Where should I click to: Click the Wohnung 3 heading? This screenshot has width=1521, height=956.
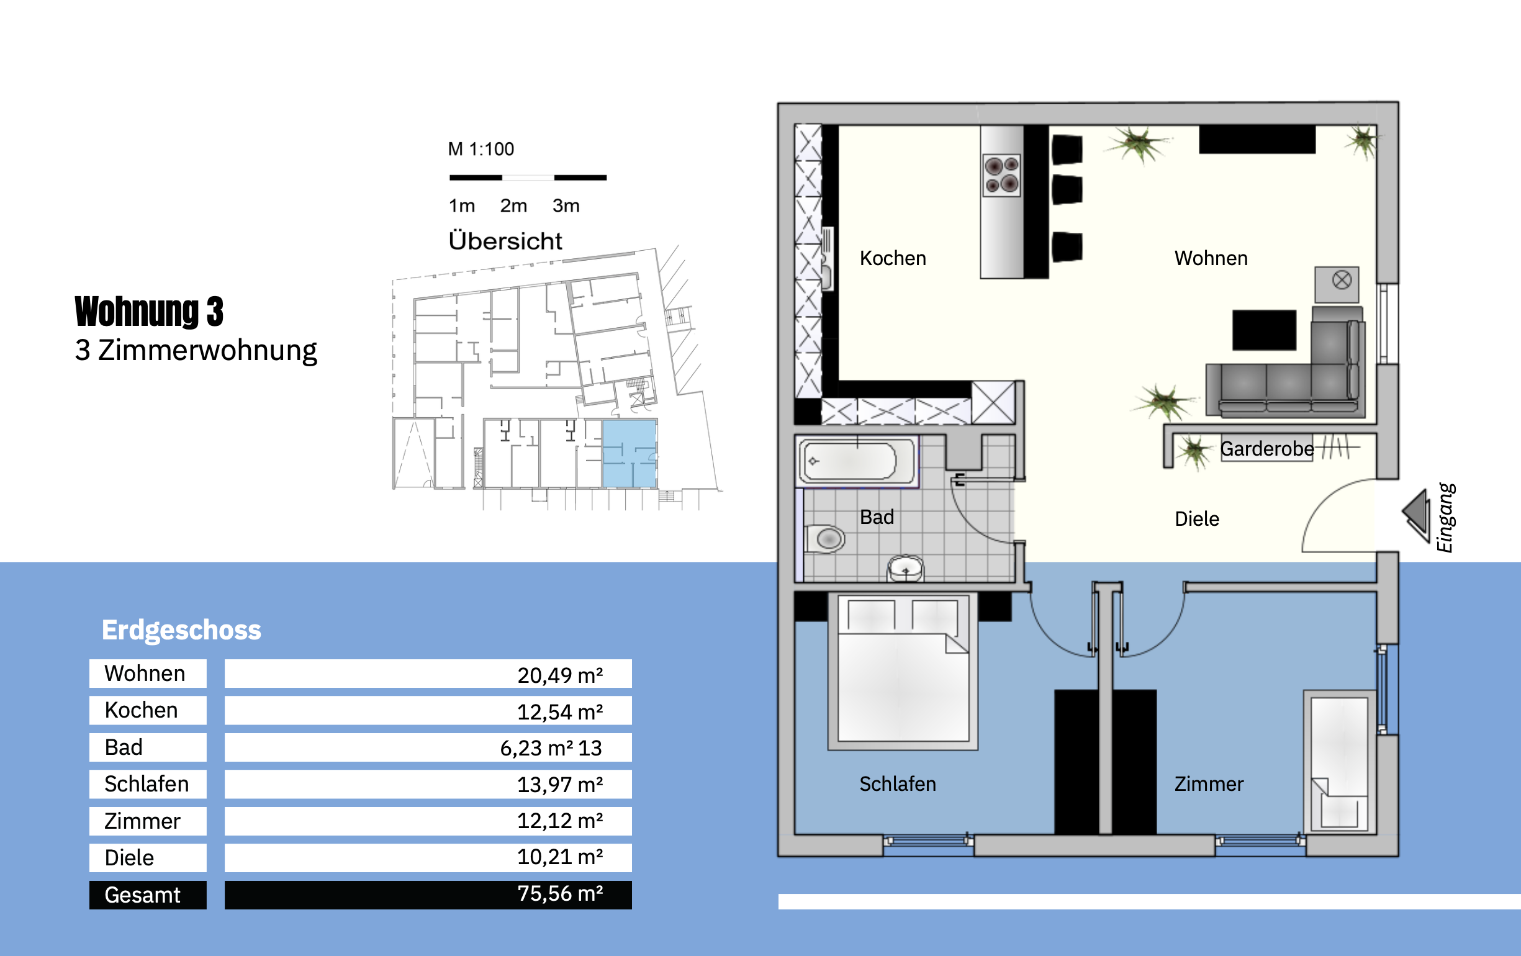[149, 311]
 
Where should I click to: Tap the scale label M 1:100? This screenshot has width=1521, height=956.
[481, 149]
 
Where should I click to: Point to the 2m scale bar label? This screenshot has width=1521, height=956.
[513, 206]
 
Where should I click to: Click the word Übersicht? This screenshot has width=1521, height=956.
[505, 241]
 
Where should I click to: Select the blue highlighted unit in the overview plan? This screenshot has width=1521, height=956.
[629, 454]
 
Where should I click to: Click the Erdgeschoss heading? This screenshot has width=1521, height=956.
[181, 630]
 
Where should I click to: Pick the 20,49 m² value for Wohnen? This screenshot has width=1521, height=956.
[559, 675]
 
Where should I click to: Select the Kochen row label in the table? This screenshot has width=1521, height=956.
[141, 710]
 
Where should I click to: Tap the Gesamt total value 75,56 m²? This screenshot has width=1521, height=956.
[559, 894]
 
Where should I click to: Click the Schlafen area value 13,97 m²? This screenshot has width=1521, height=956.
[559, 785]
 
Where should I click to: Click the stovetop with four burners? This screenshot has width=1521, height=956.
[1002, 176]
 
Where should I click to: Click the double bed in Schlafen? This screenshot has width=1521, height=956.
[903, 672]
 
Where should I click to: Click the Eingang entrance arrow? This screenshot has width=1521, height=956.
[1416, 515]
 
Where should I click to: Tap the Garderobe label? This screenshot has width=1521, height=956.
[1266, 449]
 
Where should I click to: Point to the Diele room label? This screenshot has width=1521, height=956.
[1197, 519]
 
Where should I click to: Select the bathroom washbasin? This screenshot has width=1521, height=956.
[906, 568]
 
